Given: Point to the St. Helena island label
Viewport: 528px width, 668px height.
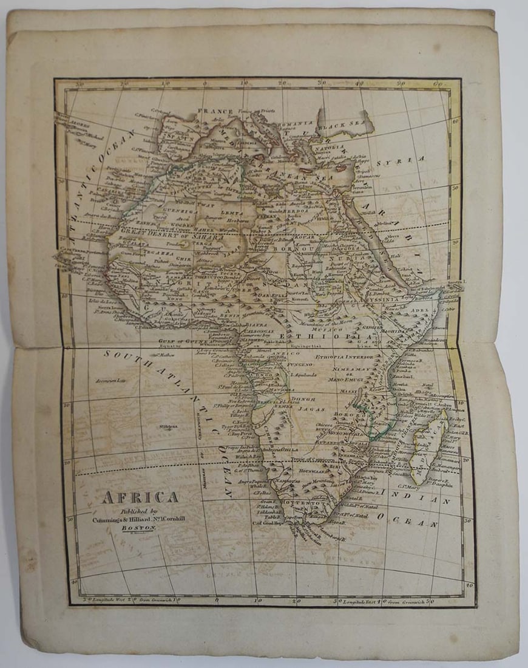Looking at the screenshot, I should pos(168,426).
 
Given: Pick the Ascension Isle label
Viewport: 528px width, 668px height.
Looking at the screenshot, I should pos(110,381).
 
